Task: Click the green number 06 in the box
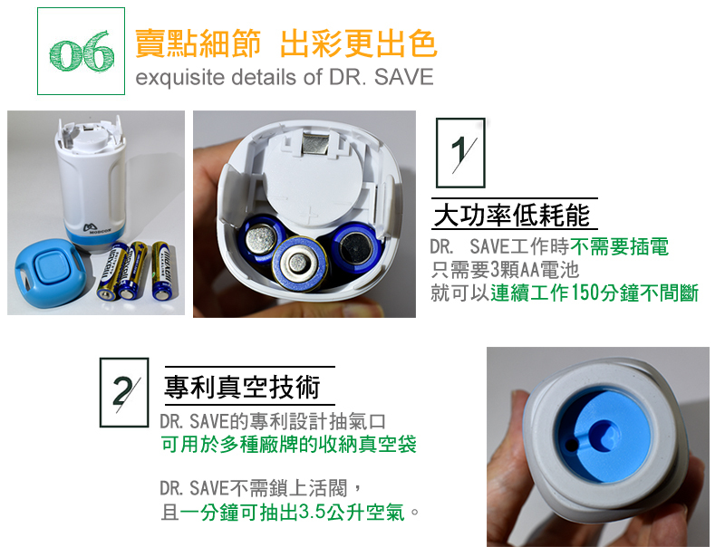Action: pyautogui.click(x=82, y=52)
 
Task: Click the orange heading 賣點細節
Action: pyautogui.click(x=198, y=43)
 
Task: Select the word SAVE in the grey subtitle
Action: pyautogui.click(x=403, y=77)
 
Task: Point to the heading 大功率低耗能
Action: pyautogui.click(x=512, y=216)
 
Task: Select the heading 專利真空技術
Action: pyautogui.click(x=242, y=387)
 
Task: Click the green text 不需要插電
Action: pyautogui.click(x=619, y=246)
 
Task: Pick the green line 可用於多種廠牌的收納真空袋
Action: pyautogui.click(x=288, y=445)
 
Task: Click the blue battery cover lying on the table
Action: pyautogui.click(x=49, y=273)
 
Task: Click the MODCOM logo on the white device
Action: pyautogui.click(x=97, y=228)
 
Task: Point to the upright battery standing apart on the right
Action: pyautogui.click(x=161, y=270)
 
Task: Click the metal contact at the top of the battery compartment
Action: pyautogui.click(x=315, y=142)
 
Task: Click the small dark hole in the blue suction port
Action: pyautogui.click(x=572, y=445)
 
